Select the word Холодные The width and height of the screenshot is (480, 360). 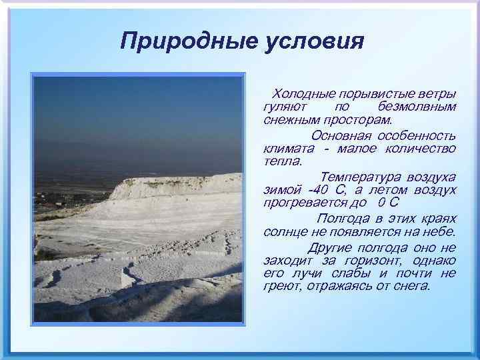tap(304, 93)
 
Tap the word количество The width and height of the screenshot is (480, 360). tap(423, 149)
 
